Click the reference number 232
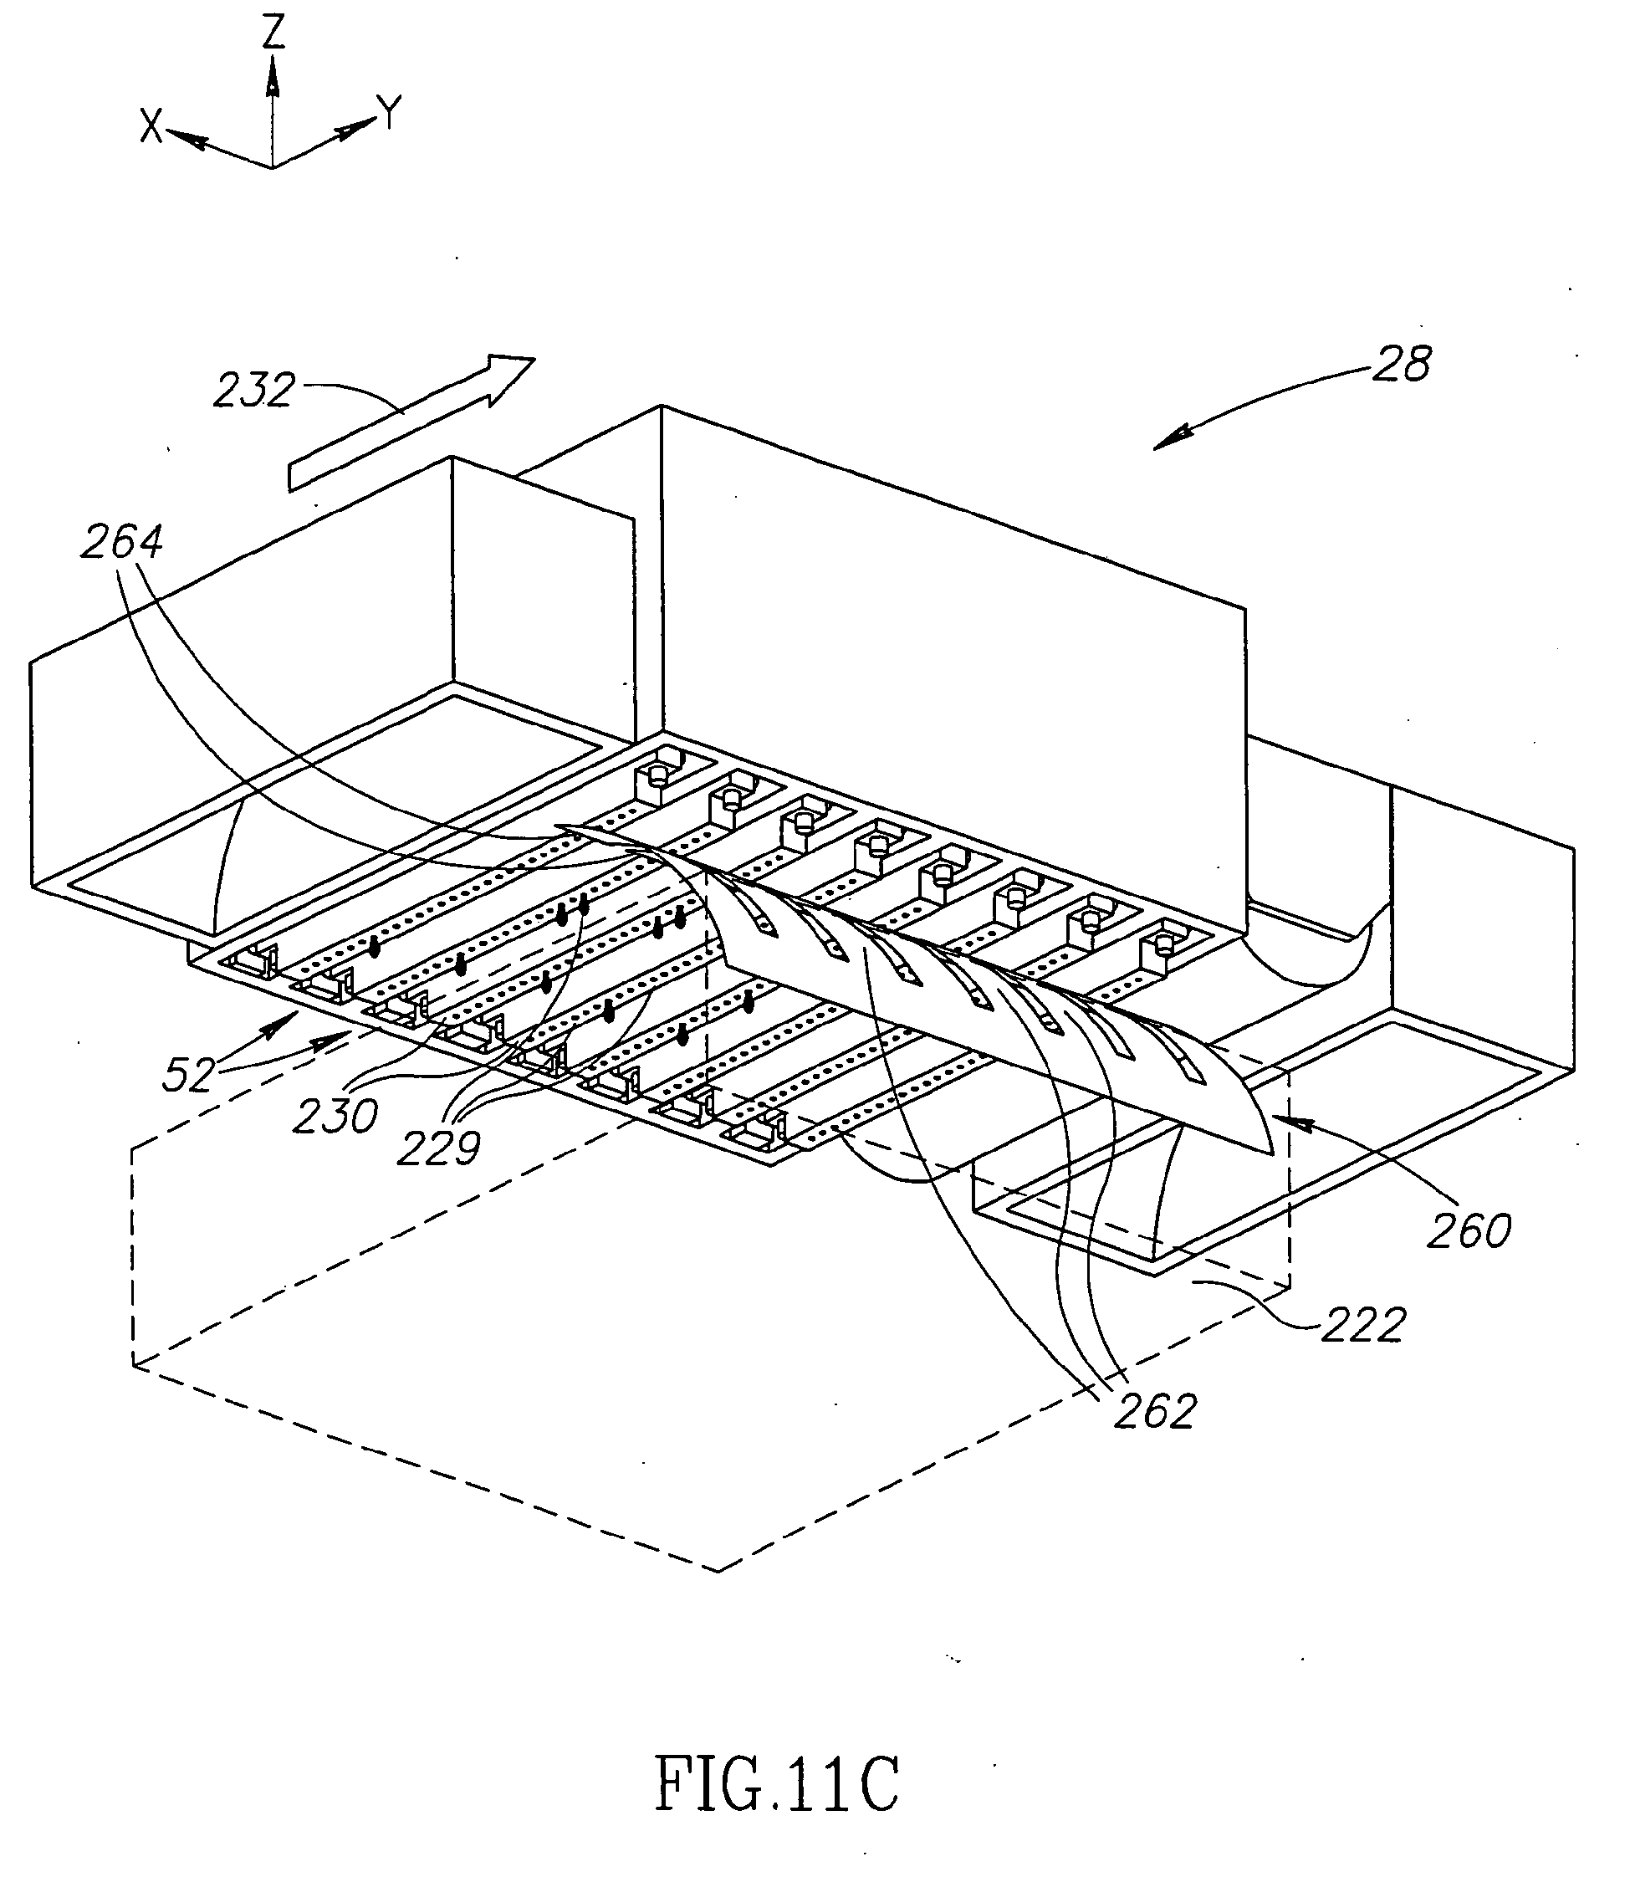253,391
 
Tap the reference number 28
1402,364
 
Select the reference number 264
122,542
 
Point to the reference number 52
188,1075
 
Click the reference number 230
335,1117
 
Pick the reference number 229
439,1149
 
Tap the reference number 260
1469,1232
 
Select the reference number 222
1363,1325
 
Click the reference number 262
1154,1412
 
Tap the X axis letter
151,125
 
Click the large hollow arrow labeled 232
411,422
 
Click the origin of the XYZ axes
272,167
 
